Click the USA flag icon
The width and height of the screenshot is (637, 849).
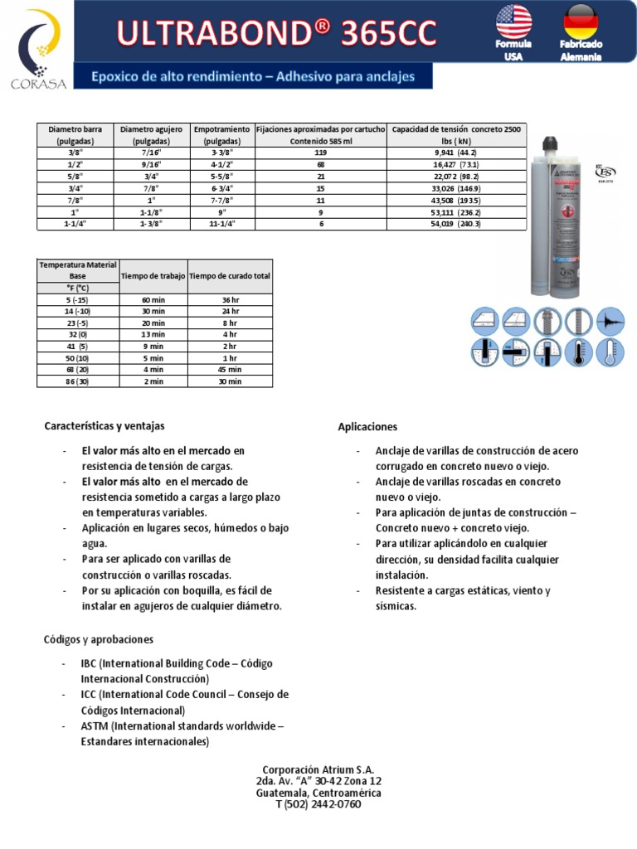tap(513, 22)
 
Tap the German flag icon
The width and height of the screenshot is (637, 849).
tap(581, 22)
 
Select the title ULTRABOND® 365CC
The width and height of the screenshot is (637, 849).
tap(277, 32)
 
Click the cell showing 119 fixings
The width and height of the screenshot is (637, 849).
tap(321, 153)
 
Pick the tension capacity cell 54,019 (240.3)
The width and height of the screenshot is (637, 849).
tap(456, 223)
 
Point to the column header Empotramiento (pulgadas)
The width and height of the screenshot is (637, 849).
tap(221, 135)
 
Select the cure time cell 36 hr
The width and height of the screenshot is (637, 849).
tap(230, 299)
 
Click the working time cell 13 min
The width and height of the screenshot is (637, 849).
tap(153, 334)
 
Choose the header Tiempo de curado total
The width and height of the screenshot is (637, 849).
tap(230, 276)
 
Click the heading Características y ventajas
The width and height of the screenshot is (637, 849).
tap(105, 426)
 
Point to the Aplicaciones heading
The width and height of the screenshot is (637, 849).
tap(367, 427)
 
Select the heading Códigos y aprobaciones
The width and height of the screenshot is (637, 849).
tap(99, 640)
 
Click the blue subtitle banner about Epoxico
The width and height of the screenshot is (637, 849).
tap(252, 77)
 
